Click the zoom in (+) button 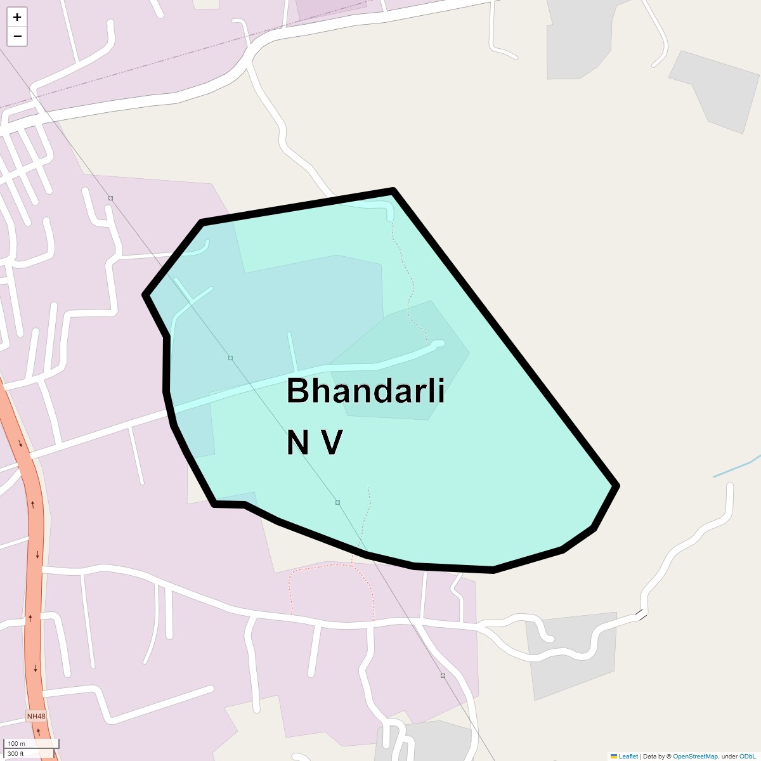[x=17, y=17]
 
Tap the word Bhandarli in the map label [x=365, y=391]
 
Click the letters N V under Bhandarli [x=315, y=443]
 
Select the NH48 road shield [x=36, y=717]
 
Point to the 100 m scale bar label [x=17, y=744]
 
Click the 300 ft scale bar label [x=16, y=754]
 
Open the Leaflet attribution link [x=628, y=757]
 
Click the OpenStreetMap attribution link [x=695, y=757]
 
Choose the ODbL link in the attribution [x=747, y=757]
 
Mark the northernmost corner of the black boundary [x=393, y=190]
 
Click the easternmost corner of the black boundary [x=616, y=486]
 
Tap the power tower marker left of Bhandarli [x=230, y=358]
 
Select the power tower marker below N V [x=338, y=503]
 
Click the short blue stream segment [x=736, y=468]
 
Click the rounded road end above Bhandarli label [x=438, y=344]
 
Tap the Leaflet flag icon [x=613, y=757]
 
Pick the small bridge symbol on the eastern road [x=642, y=614]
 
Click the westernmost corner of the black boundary [x=146, y=295]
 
